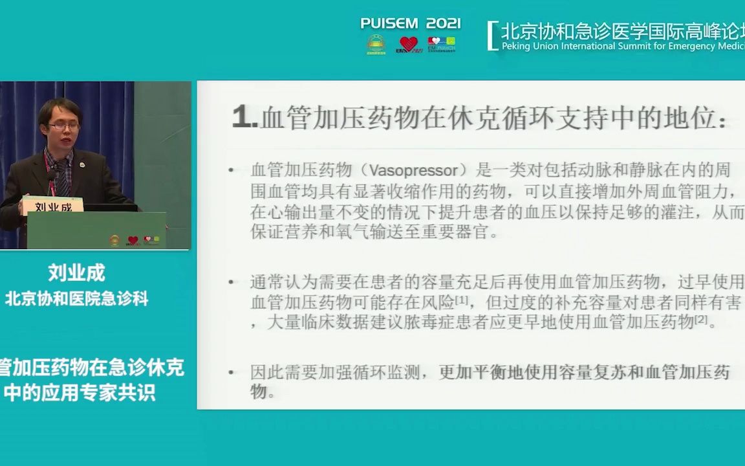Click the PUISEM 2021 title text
411,23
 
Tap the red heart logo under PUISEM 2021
409,44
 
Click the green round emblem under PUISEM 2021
376,44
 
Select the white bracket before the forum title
492,36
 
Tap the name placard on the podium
53,206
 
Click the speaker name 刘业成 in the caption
76,273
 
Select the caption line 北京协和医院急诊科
76,298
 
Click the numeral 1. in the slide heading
244,119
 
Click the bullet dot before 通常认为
232,282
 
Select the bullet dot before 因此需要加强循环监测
232,373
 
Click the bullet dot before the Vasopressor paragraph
232,171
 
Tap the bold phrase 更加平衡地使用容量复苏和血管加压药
584,372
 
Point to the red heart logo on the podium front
133,240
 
